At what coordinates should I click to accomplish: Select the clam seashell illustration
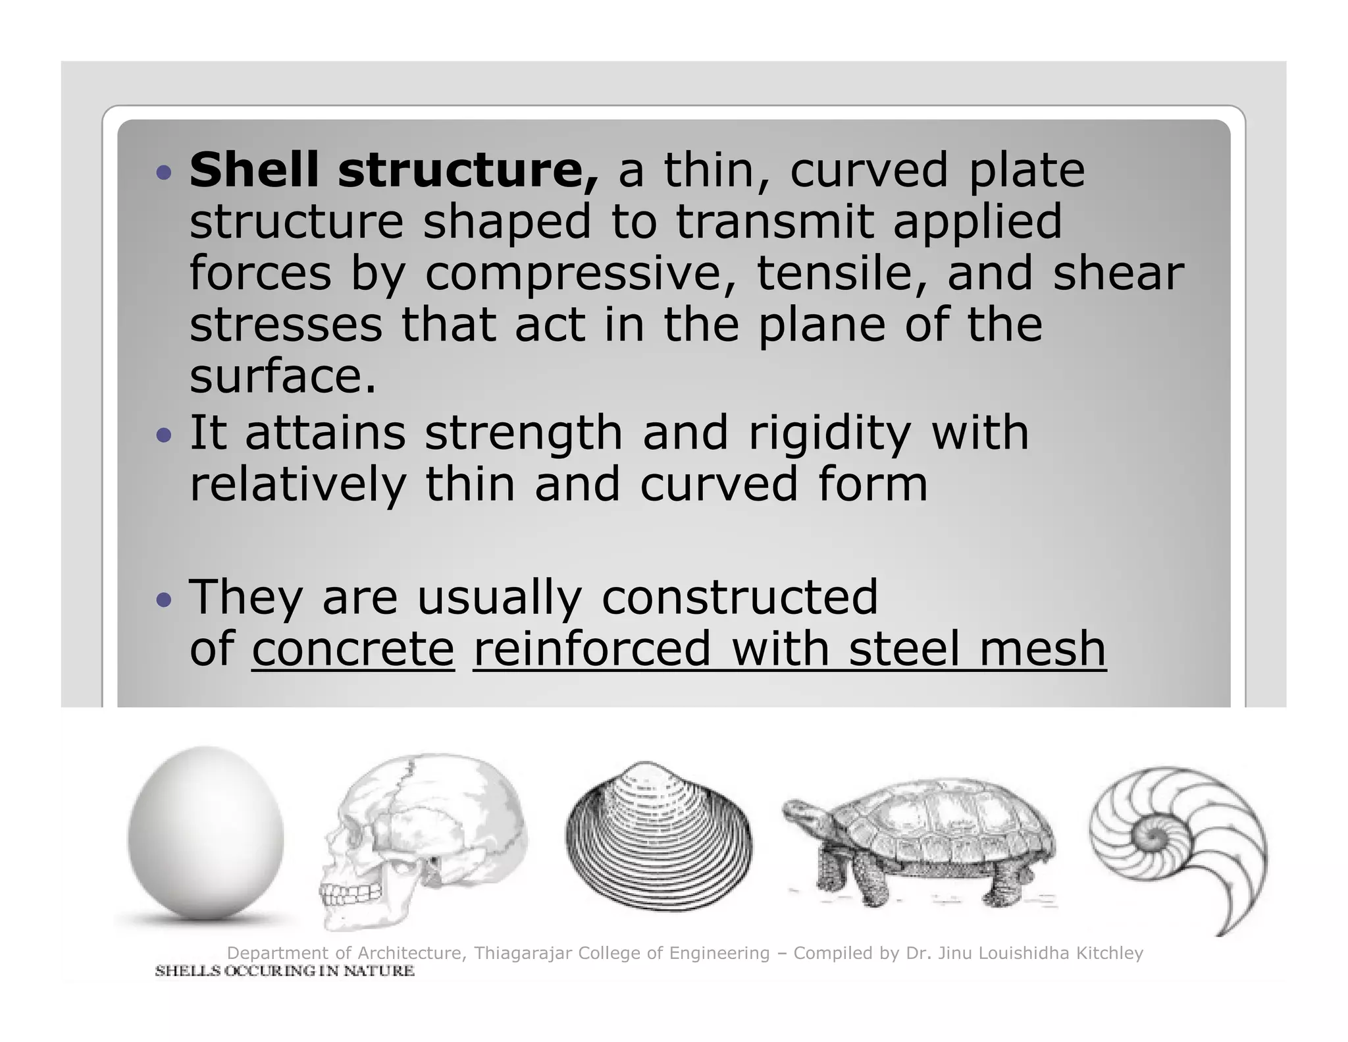pyautogui.click(x=659, y=837)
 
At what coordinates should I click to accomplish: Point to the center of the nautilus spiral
pyautogui.click(x=1153, y=838)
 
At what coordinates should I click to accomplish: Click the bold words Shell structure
pyautogui.click(x=394, y=170)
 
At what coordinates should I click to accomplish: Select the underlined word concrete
pyautogui.click(x=353, y=649)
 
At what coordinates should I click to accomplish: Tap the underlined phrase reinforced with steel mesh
pyautogui.click(x=789, y=649)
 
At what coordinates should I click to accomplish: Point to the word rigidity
pyautogui.click(x=830, y=433)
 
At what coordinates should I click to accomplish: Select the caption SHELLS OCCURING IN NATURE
pyautogui.click(x=284, y=971)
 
